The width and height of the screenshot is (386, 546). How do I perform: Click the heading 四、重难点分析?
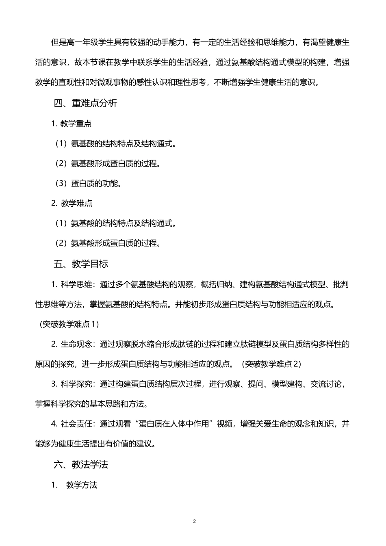coord(85,104)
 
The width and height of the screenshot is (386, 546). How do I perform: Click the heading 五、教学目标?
coord(81,264)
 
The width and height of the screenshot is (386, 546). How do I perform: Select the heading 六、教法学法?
coord(81,465)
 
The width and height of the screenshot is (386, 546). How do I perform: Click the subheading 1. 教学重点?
coord(72,123)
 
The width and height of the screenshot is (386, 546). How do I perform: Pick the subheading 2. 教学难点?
coord(72,204)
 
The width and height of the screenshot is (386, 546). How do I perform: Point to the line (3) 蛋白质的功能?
coord(89,184)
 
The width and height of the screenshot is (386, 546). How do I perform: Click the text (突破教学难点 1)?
coord(69,324)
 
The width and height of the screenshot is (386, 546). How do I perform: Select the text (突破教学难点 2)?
coord(271,364)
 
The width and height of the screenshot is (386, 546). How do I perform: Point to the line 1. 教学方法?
coord(74,485)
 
